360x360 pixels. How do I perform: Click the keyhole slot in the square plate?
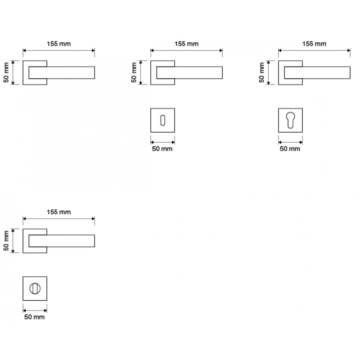[162, 120]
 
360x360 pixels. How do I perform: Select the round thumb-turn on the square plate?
[34, 288]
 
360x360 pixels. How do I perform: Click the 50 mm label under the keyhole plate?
[162, 148]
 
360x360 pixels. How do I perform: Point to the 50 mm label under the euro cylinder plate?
[290, 148]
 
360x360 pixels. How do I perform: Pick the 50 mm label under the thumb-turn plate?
[34, 317]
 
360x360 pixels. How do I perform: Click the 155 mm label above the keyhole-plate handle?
[186, 44]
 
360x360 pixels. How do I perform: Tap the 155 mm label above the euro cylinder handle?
[314, 44]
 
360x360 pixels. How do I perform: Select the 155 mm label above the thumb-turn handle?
[58, 212]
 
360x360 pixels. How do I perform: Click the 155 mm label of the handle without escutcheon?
[58, 44]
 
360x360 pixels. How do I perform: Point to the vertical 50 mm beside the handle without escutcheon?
[6, 72]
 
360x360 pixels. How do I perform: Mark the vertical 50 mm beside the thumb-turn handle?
[6, 241]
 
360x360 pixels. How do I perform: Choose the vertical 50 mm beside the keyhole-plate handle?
[134, 72]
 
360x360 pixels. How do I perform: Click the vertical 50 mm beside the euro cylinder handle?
[262, 72]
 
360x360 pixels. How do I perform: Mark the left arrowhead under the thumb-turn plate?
[24, 310]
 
